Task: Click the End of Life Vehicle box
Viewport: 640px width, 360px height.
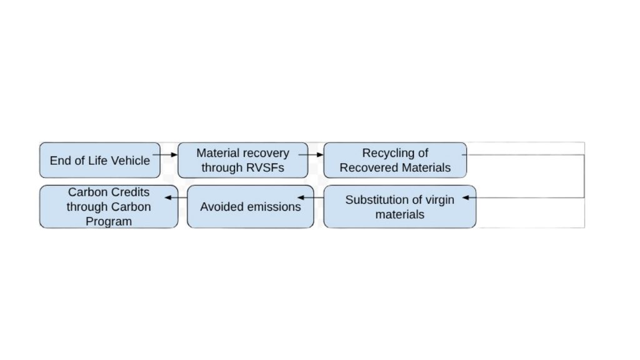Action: point(99,160)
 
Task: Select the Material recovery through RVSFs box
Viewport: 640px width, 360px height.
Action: point(243,160)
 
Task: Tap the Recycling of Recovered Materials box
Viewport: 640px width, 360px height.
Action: point(395,160)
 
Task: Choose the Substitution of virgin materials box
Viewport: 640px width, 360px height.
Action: point(399,206)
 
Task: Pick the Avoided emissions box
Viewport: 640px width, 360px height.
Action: point(251,206)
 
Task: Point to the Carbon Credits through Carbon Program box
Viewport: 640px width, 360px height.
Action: point(109,206)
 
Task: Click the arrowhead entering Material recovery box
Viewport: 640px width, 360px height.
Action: point(174,155)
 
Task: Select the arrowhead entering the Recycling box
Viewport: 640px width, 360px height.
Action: point(320,155)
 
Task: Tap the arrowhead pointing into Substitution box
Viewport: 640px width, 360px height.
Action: point(466,197)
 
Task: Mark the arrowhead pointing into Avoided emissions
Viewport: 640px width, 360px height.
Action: point(301,197)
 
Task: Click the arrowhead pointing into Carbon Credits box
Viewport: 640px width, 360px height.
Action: point(167,197)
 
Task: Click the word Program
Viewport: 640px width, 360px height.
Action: point(109,222)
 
